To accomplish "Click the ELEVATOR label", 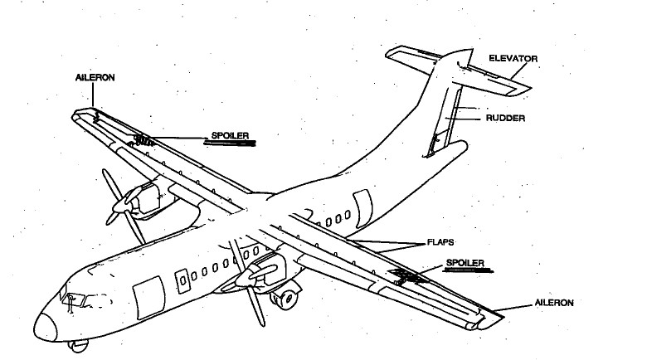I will pyautogui.click(x=514, y=59).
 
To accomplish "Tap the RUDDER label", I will pyautogui.click(x=505, y=119).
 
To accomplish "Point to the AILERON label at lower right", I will pyautogui.click(x=553, y=304).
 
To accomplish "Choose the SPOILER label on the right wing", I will pyautogui.click(x=465, y=263).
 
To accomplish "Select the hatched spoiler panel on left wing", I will pyautogui.click(x=144, y=139).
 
